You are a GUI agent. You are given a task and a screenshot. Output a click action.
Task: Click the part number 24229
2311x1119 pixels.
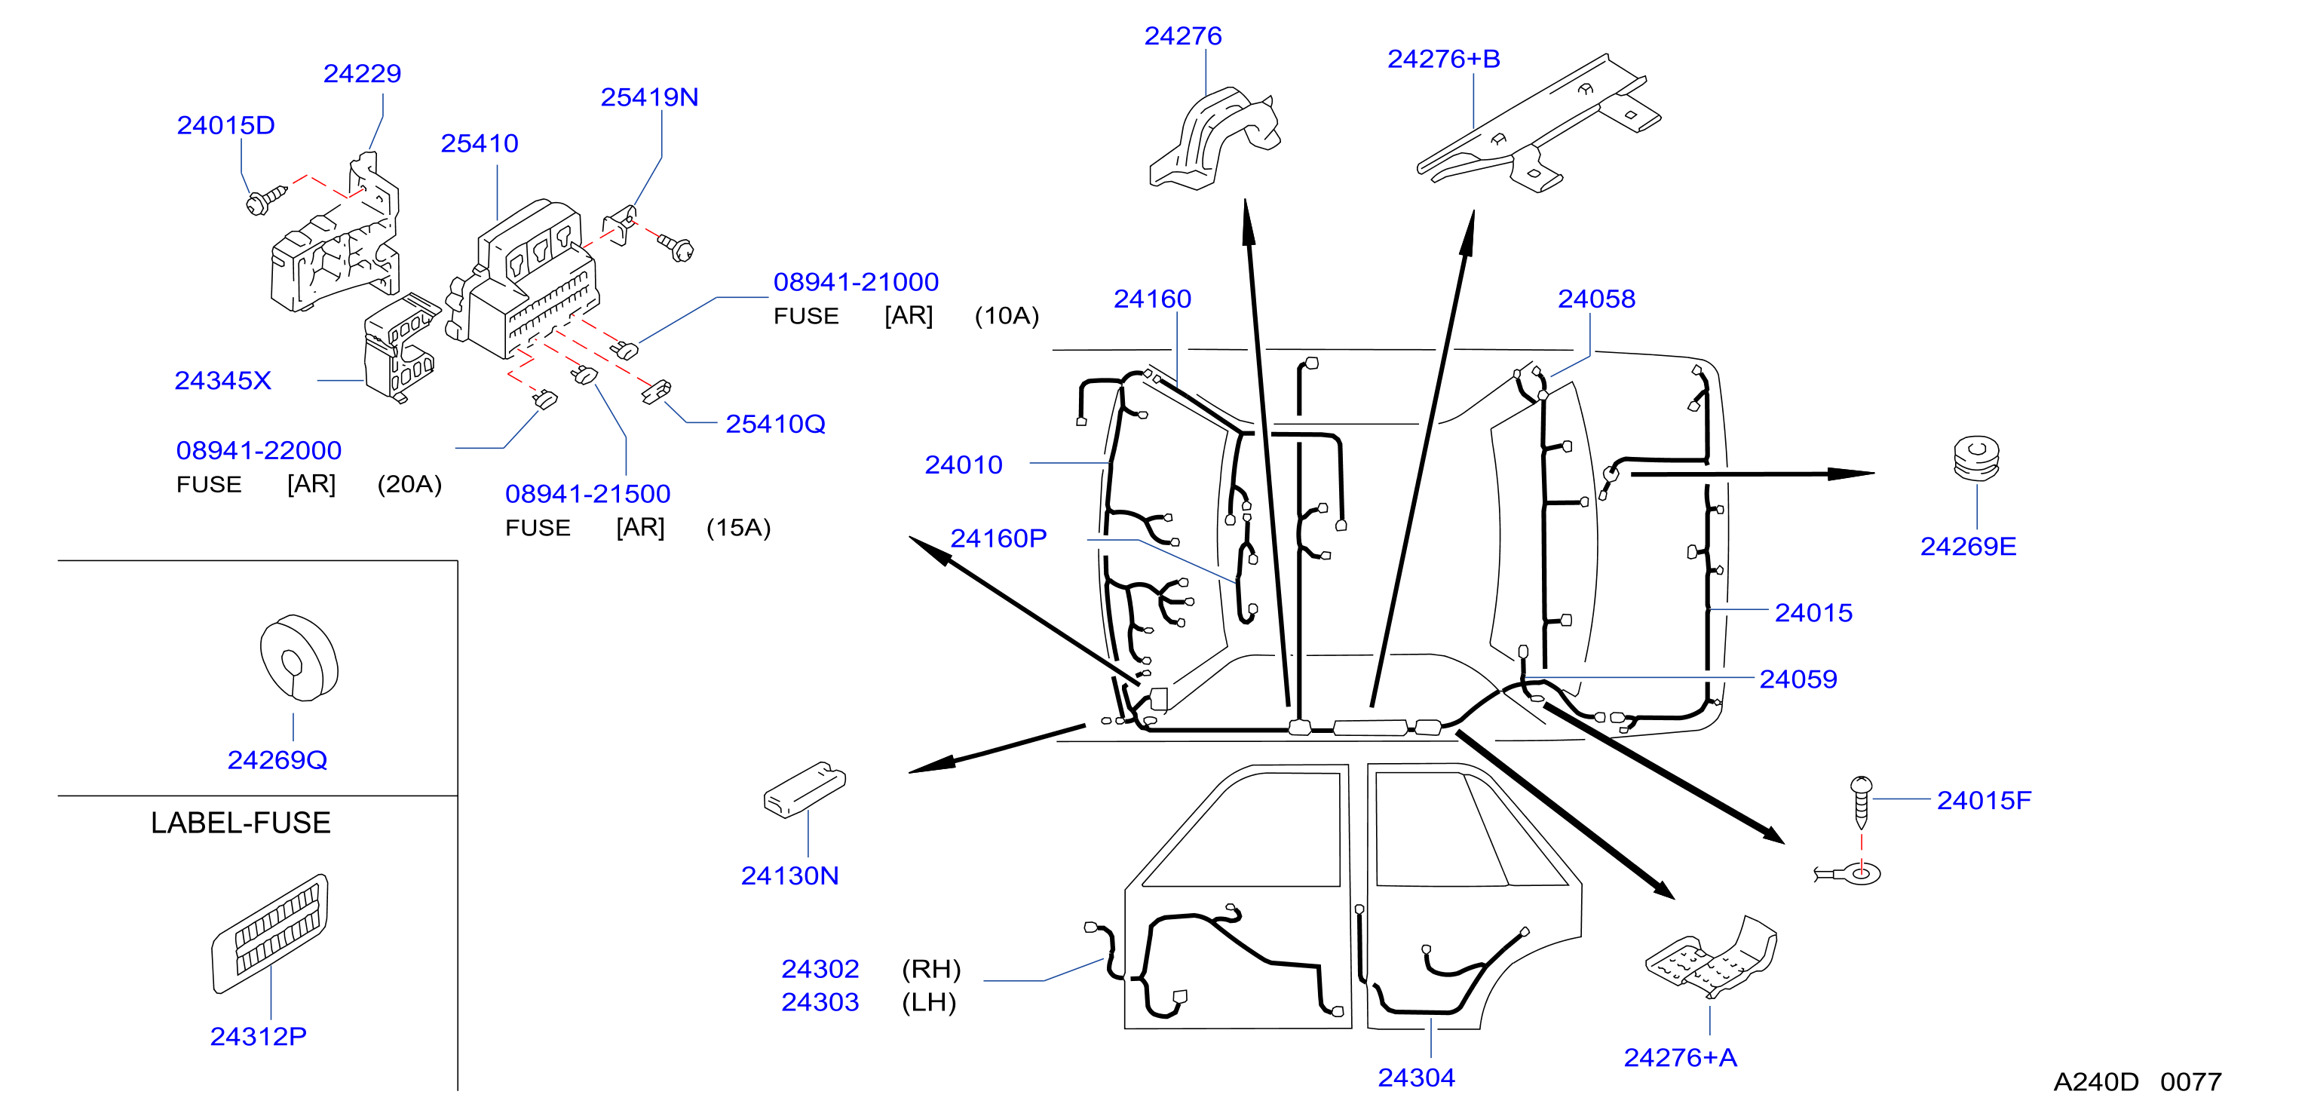tap(362, 74)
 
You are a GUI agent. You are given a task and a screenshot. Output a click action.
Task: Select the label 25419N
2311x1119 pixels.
tap(649, 97)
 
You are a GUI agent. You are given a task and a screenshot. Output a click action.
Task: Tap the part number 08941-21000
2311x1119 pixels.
tap(856, 282)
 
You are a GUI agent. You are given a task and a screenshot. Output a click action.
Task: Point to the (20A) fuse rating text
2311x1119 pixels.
tap(409, 485)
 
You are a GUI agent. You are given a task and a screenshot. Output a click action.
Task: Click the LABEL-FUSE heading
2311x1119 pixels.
tap(241, 823)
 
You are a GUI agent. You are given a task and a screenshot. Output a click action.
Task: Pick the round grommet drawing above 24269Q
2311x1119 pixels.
tap(299, 658)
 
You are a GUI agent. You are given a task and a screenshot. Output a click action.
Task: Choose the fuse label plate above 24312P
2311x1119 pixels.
tap(270, 934)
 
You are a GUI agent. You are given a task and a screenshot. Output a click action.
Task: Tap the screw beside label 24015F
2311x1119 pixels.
tap(1861, 802)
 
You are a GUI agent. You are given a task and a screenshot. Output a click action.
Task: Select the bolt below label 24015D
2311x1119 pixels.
tap(265, 200)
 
